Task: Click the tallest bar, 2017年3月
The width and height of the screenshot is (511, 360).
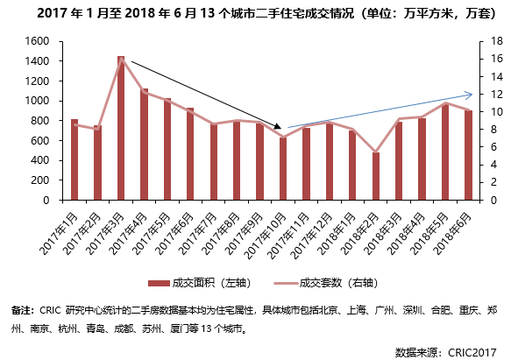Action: tap(121, 128)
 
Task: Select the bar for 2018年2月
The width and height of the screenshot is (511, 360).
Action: tap(376, 176)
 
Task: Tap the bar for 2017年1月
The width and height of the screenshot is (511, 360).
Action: tap(75, 159)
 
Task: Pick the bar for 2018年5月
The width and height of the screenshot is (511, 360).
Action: tap(445, 152)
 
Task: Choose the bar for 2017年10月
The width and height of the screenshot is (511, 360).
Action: tap(283, 168)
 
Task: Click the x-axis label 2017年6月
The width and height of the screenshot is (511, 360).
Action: tap(175, 233)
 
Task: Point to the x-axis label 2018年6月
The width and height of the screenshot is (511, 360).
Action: tap(453, 233)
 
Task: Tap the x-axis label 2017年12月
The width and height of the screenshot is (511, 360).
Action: tap(312, 235)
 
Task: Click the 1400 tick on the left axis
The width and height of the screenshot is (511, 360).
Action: tap(37, 61)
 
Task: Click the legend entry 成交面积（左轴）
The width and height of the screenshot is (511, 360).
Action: tap(200, 283)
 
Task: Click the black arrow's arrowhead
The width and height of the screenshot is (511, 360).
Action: tap(277, 126)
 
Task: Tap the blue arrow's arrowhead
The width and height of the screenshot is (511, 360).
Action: tap(469, 95)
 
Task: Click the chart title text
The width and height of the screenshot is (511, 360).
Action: tap(266, 13)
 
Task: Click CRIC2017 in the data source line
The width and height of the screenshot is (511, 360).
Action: tap(472, 352)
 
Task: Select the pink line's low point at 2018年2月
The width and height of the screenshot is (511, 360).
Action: tap(376, 152)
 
